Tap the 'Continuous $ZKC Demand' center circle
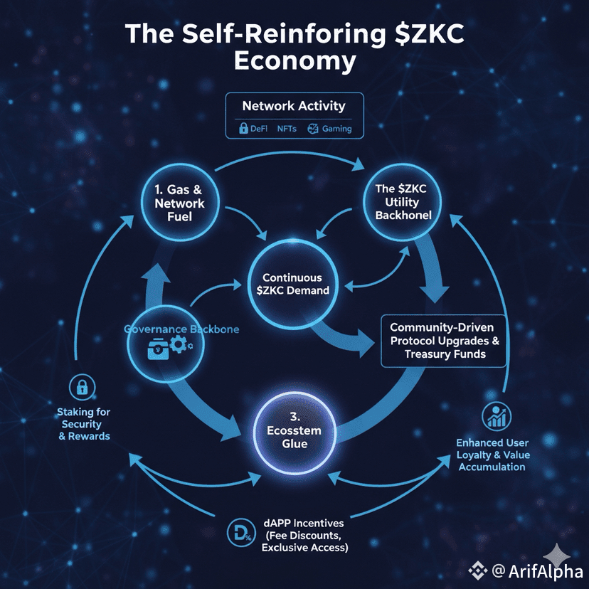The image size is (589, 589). (292, 284)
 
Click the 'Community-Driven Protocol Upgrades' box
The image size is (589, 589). (445, 341)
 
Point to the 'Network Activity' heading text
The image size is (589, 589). (294, 106)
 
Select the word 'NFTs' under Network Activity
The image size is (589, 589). (287, 129)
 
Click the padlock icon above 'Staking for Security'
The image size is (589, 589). (84, 387)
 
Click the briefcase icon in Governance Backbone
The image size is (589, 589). (159, 348)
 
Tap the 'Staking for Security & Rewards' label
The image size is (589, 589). (84, 423)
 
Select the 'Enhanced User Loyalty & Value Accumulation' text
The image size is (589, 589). (493, 455)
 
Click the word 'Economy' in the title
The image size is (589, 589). (294, 61)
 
